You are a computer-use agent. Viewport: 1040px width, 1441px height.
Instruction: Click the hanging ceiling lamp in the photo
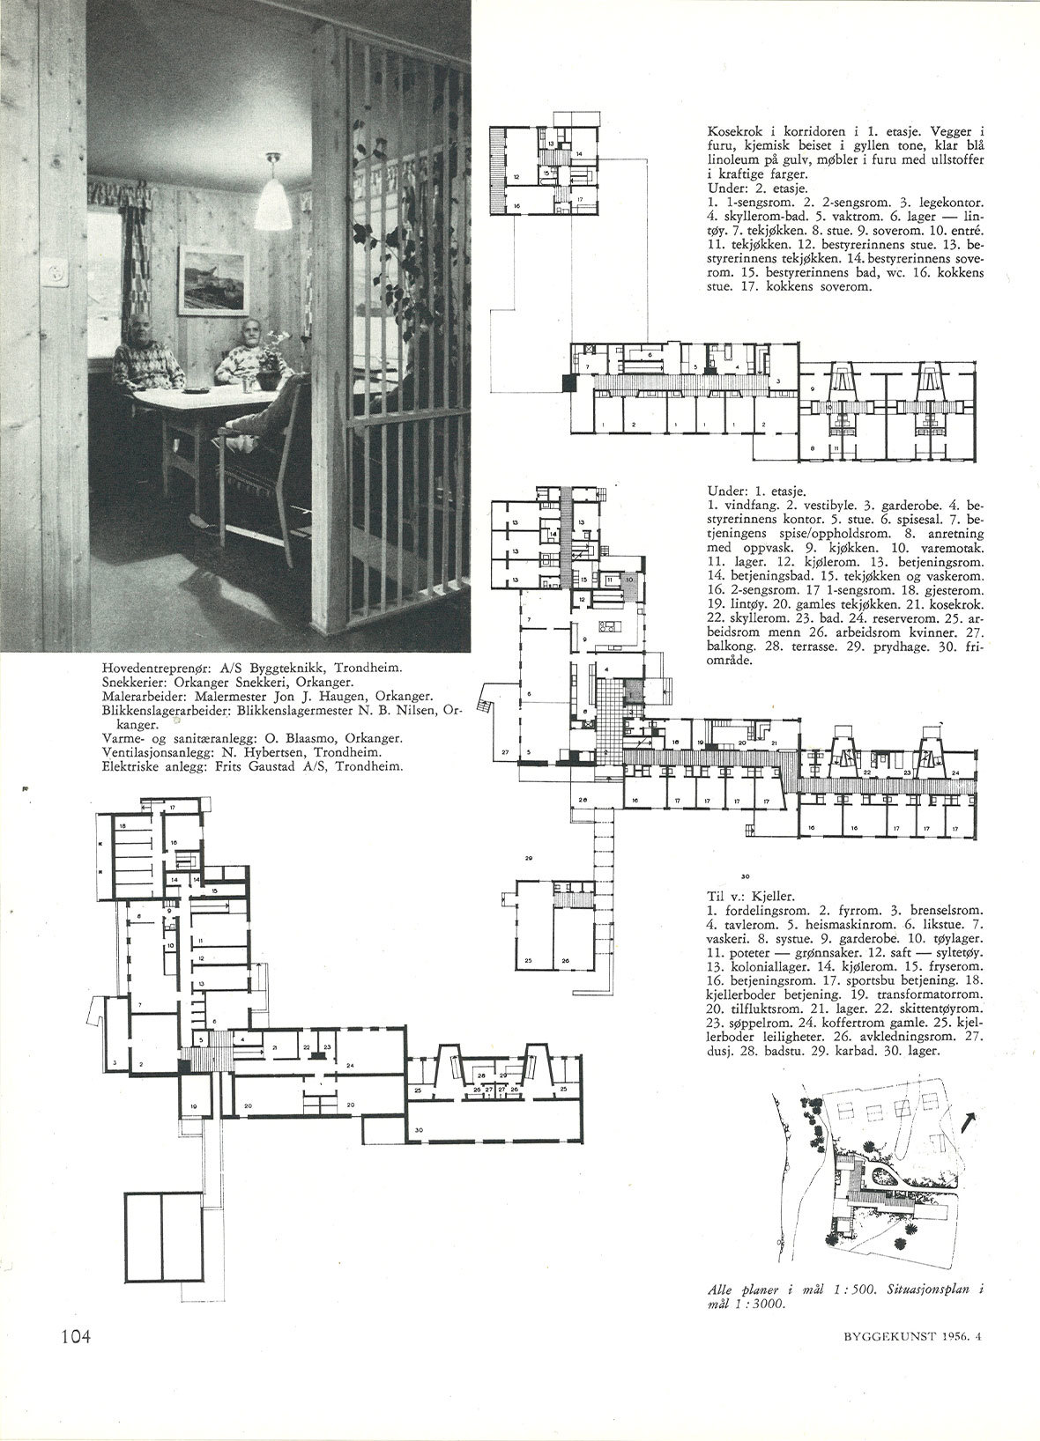(276, 193)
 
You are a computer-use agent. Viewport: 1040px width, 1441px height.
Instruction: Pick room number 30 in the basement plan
(419, 1129)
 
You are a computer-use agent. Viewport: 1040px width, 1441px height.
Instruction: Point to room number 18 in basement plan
(123, 826)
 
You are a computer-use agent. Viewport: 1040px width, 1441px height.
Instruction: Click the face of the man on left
(143, 336)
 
